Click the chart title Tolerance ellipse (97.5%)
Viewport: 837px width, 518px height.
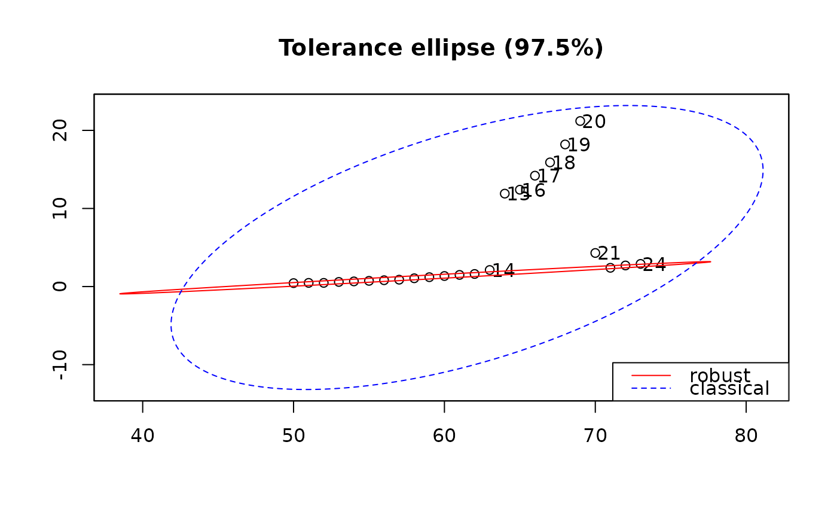click(x=441, y=48)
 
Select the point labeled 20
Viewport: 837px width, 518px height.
click(x=580, y=121)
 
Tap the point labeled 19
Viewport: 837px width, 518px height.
click(x=565, y=144)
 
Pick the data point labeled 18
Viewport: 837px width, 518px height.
click(x=550, y=163)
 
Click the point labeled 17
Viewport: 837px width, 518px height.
click(x=535, y=176)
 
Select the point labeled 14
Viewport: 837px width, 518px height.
click(x=490, y=270)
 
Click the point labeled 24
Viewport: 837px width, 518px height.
click(x=640, y=264)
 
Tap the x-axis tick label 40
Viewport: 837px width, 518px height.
click(x=142, y=436)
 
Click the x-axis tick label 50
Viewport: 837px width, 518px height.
click(x=294, y=436)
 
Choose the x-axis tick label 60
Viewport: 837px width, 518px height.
click(x=444, y=436)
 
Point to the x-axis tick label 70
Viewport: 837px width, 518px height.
click(x=595, y=436)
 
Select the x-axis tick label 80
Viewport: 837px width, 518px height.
click(x=746, y=436)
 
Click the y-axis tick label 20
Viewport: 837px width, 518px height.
click(x=60, y=130)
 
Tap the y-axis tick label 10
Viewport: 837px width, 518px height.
click(x=60, y=208)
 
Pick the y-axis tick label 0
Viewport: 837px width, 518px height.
click(x=60, y=287)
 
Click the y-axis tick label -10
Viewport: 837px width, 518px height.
click(x=60, y=364)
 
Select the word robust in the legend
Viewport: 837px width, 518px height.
click(x=720, y=376)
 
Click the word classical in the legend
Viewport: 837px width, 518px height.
click(x=729, y=389)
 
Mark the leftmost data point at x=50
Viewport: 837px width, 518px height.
click(x=294, y=283)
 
